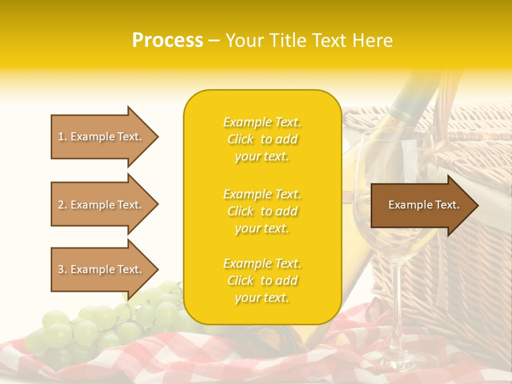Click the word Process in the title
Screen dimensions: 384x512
click(167, 41)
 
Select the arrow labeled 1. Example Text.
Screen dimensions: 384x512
click(101, 137)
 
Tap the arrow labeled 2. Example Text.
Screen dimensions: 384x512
click(101, 205)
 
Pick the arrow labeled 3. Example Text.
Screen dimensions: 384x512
click(101, 269)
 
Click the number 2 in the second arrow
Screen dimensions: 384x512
click(61, 205)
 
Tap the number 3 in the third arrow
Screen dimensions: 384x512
click(61, 269)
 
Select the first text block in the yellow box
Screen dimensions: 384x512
click(262, 139)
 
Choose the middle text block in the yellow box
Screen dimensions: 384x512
click(262, 211)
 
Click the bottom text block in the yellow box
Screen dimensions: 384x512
click(262, 281)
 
